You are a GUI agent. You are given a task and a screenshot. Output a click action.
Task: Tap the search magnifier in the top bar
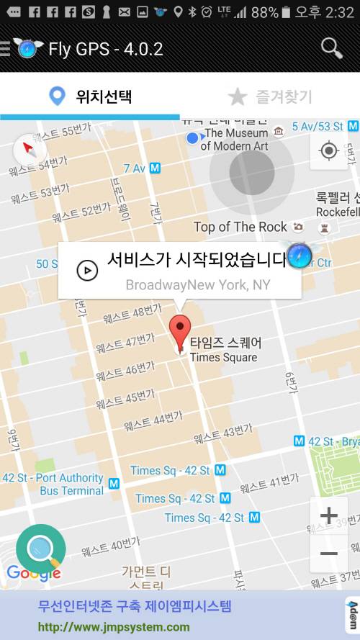click(331, 48)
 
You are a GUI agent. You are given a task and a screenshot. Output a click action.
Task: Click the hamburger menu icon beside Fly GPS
click(5, 49)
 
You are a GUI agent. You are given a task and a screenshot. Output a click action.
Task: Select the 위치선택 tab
click(90, 96)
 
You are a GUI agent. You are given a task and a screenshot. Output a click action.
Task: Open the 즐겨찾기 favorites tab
click(270, 96)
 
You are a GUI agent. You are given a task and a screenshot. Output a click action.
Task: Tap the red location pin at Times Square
click(180, 333)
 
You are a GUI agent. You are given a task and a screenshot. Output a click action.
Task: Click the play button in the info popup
click(87, 270)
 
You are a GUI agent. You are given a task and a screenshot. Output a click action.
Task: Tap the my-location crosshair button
click(329, 150)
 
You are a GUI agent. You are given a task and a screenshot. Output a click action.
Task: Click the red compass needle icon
click(30, 149)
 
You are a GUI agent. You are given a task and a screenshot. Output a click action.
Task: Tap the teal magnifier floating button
click(40, 550)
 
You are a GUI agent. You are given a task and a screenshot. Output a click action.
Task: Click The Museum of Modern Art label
click(234, 140)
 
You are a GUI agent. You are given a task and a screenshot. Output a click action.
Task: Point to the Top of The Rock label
click(240, 227)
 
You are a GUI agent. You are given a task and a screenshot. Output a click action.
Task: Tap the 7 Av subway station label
click(141, 168)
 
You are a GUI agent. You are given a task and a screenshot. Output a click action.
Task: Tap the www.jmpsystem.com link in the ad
click(114, 626)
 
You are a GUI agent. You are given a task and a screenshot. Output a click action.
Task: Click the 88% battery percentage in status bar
click(264, 12)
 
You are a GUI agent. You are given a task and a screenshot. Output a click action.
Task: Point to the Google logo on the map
click(33, 573)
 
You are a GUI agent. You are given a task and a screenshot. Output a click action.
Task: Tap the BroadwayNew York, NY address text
click(198, 285)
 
